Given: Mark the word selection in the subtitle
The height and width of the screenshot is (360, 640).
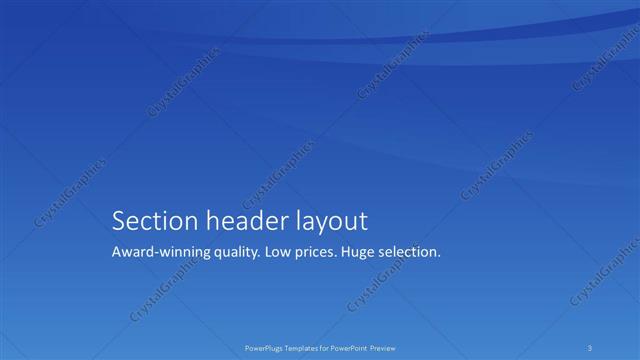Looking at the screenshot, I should [411, 252].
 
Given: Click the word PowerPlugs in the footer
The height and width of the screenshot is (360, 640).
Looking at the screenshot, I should [263, 348].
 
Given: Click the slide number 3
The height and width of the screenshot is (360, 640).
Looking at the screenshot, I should [591, 348].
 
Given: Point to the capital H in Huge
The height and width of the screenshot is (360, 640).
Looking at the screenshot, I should [345, 252].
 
